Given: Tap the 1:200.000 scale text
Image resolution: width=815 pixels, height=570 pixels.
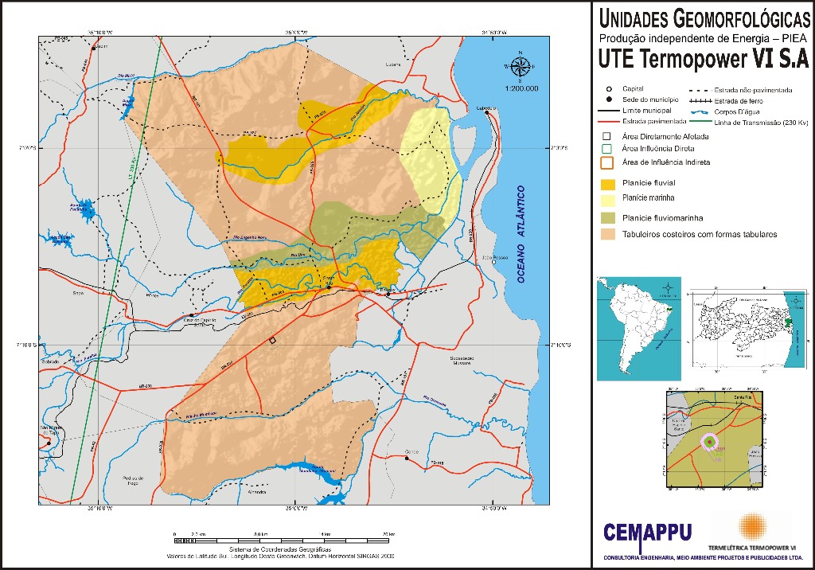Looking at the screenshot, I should [x=522, y=88].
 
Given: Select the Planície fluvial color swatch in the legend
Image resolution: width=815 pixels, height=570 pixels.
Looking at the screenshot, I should [x=608, y=183].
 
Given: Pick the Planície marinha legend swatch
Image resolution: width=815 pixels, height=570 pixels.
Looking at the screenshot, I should [x=608, y=200].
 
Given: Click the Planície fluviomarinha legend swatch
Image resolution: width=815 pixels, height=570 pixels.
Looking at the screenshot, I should [x=608, y=217].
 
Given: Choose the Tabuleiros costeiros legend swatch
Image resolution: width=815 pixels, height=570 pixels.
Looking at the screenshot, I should [x=608, y=234].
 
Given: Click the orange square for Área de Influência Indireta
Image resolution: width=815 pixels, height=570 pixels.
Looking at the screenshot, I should [x=607, y=162].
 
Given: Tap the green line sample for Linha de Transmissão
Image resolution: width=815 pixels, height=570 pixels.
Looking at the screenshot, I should [x=700, y=122].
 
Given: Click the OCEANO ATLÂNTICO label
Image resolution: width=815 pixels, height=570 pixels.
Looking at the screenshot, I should [x=521, y=234].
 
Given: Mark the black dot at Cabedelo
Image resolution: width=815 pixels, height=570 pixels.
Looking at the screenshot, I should [x=485, y=113].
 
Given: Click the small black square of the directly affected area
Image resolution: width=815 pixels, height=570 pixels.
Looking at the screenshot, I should [x=272, y=340].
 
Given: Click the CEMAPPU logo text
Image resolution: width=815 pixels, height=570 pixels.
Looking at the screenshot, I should [x=647, y=532].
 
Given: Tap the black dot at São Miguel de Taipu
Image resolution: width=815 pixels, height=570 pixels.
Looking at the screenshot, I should [x=53, y=436].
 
